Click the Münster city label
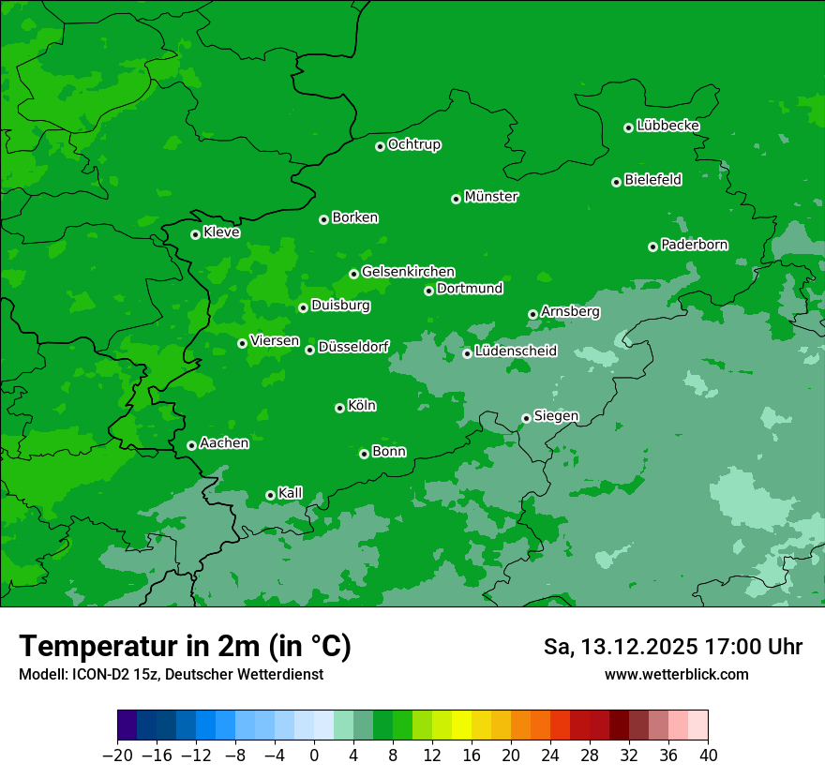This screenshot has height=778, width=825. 490,197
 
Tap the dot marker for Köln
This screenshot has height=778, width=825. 339,408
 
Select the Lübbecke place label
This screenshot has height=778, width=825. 667,126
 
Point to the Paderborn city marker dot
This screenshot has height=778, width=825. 652,247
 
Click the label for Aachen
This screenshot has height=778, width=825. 224,443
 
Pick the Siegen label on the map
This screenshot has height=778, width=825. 556,416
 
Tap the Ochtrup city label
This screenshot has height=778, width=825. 413,144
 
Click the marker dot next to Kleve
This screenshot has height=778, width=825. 195,234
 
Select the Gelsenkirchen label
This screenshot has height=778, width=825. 408,272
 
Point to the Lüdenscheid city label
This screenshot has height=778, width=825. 516,352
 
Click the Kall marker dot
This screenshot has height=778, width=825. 270,495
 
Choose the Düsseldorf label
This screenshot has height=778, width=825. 352,348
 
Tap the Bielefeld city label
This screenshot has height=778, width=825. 652,180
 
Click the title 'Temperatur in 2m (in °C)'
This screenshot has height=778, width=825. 185,646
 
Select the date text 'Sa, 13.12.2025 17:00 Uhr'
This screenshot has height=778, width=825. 672,647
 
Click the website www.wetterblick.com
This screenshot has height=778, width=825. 676,674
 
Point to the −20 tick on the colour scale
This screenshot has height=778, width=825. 117,756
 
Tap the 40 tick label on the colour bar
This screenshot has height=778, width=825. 708,756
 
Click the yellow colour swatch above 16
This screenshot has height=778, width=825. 461,726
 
